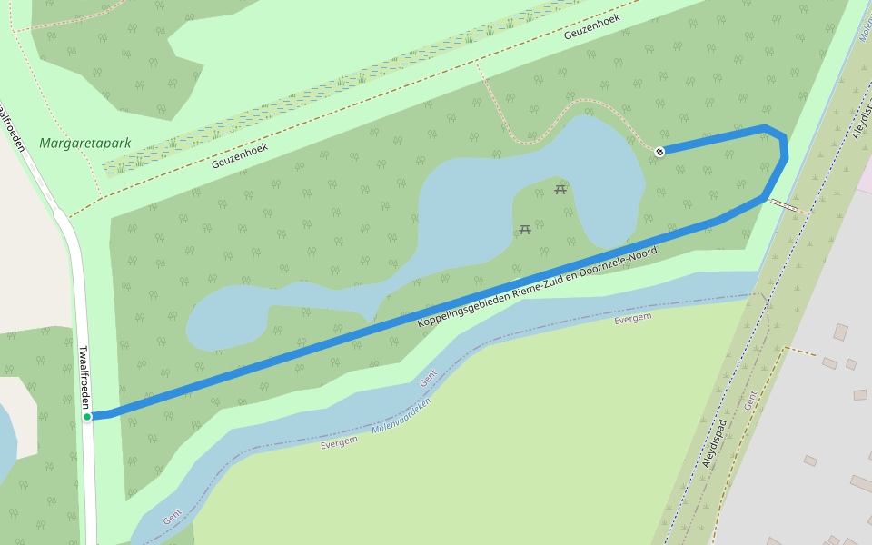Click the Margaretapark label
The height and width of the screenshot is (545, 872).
85,144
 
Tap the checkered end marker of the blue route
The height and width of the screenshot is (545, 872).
659,151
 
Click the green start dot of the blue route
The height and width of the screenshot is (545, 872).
88,417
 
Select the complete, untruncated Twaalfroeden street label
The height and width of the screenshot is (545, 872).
84,378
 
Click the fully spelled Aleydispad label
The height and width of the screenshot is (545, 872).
716,443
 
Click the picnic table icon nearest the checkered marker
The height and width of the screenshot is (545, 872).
560,189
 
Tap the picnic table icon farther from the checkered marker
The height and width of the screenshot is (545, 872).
524,229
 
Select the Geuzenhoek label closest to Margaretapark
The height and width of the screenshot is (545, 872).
241,155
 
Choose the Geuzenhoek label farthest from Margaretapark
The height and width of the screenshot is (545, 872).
591,26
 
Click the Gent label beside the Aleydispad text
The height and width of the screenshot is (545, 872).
750,400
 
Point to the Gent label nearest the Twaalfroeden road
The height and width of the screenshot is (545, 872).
173,519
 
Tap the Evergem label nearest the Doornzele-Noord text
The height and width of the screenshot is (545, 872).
633,319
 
